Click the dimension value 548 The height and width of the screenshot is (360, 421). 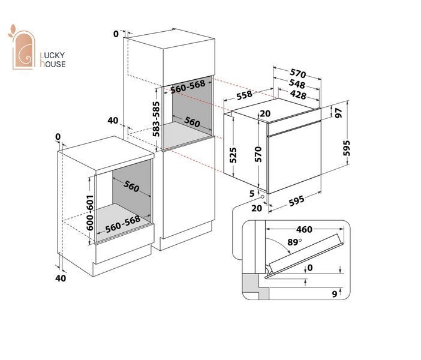tap(297, 84)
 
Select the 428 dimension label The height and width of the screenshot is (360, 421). tap(298, 95)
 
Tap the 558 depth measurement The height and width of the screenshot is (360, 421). tap(244, 95)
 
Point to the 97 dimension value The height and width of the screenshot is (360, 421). tap(339, 113)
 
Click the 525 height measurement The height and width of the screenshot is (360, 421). tap(233, 155)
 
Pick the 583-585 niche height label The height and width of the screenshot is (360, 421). tap(156, 119)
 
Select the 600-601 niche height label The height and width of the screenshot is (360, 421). tap(90, 213)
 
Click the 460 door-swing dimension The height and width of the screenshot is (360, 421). tap(304, 229)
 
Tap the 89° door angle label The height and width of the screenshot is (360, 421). tap(294, 242)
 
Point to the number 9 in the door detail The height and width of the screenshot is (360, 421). tap(335, 294)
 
